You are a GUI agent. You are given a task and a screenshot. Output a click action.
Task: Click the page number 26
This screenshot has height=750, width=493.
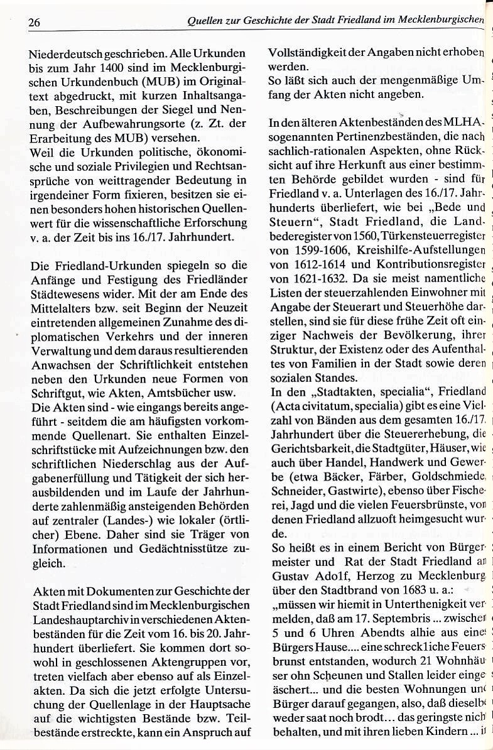(34, 23)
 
